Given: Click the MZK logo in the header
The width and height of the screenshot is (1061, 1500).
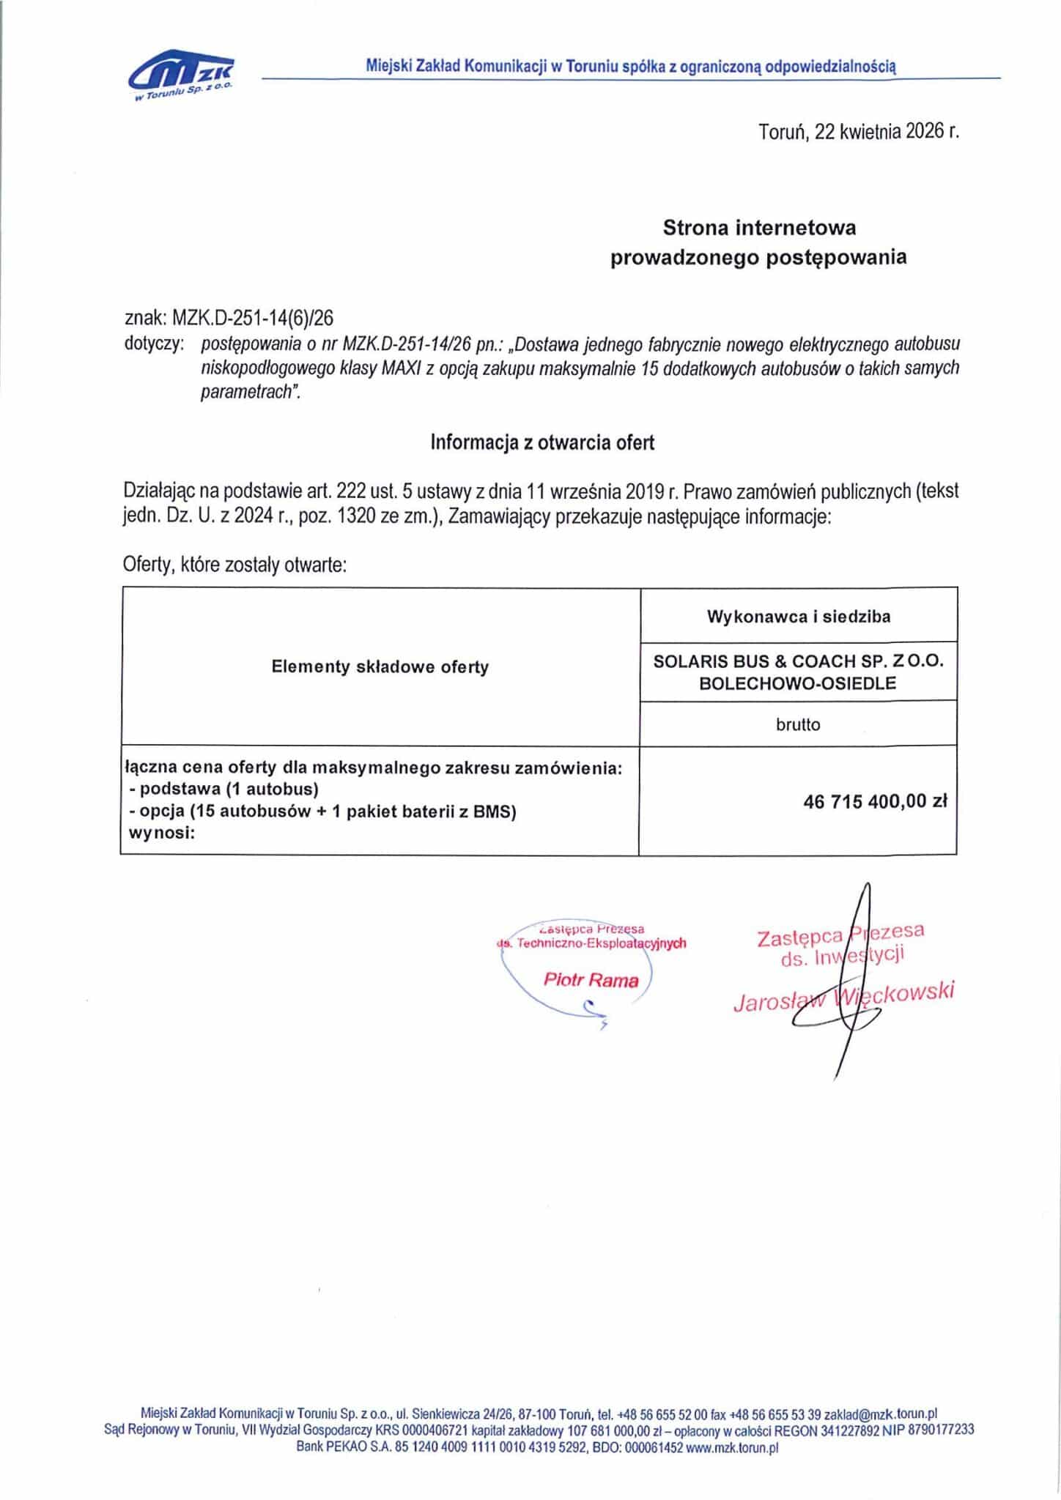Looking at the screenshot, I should [x=181, y=77].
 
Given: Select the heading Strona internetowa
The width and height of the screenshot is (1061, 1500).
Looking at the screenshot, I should [x=759, y=228].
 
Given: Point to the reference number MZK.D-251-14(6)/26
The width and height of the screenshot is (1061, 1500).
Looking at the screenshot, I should [x=253, y=317].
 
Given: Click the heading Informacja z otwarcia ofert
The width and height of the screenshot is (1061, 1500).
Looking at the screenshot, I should [x=542, y=442].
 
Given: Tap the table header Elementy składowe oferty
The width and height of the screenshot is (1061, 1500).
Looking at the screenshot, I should [x=380, y=667].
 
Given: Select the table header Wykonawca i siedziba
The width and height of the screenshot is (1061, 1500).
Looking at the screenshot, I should [x=798, y=617].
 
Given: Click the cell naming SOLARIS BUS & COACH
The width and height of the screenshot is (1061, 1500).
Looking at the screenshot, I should [x=798, y=672].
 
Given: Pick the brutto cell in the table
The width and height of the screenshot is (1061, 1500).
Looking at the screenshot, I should [x=798, y=724].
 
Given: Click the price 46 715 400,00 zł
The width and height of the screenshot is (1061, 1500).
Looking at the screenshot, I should [x=876, y=801].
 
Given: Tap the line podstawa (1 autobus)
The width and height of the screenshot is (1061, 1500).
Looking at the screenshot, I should [x=223, y=790].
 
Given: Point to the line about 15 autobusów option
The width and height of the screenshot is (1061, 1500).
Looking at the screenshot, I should [x=322, y=811].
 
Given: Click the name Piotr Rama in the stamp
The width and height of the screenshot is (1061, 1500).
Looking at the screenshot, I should [x=591, y=980].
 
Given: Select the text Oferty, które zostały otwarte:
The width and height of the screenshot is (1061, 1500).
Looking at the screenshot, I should [x=233, y=566].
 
